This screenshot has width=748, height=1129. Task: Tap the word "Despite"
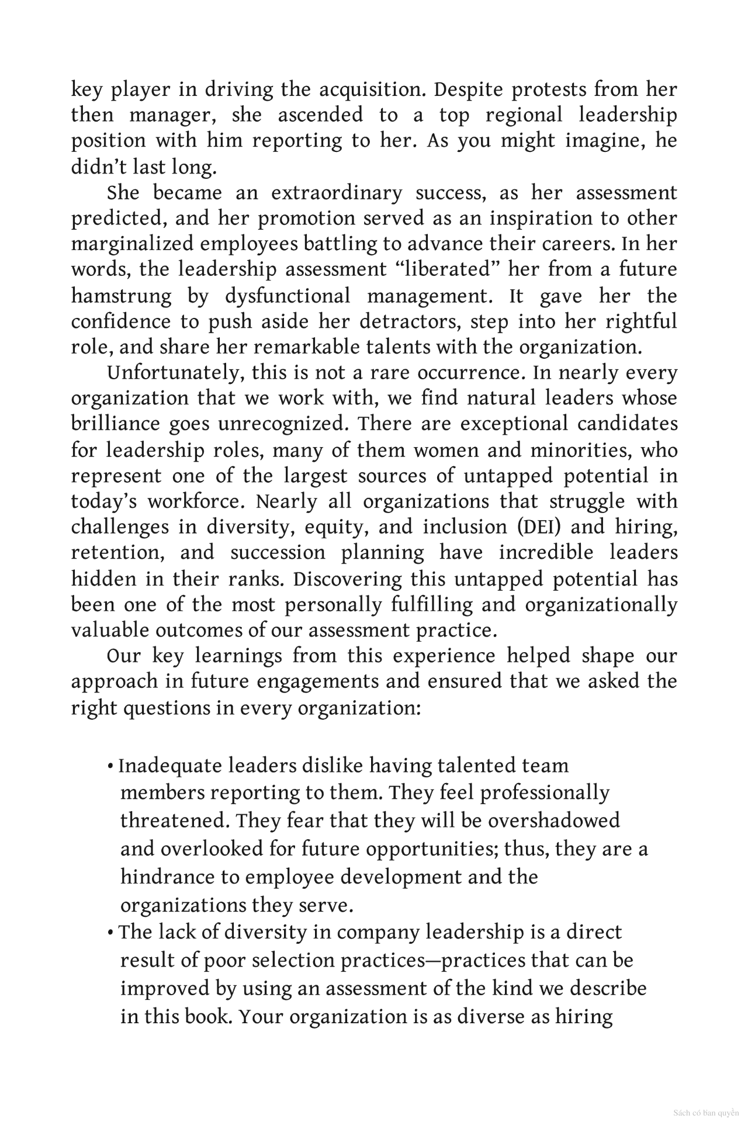point(467,89)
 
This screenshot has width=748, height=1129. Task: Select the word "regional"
point(524,115)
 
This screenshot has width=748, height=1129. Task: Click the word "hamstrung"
point(122,296)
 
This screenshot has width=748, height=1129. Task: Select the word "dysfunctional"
point(288,296)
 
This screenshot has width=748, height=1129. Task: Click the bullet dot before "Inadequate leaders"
point(110,766)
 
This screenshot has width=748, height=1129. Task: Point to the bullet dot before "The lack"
point(110,932)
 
